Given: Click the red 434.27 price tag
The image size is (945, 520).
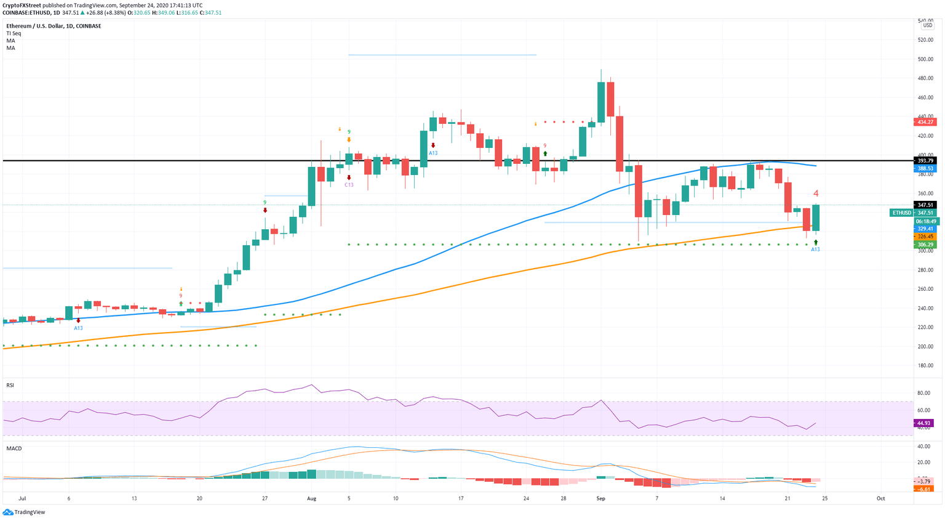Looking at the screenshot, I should pos(925,122).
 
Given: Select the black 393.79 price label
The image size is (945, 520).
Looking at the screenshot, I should pos(925,161).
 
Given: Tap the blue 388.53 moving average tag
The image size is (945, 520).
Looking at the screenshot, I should pos(925,168).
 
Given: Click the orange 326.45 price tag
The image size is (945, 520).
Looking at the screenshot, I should pos(925,237).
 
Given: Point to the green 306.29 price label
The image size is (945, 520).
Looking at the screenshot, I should pos(925,245).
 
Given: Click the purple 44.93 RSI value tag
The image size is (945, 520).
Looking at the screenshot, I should pos(924,423).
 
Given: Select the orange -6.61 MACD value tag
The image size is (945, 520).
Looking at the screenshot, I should pos(924,489).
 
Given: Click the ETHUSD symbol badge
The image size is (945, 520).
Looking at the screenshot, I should pos(901,213).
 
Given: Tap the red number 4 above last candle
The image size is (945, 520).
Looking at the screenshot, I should pos(816,193).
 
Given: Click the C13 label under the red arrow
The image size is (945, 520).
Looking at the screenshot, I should pos(349,185).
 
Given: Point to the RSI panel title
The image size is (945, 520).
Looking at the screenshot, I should pos(10,385).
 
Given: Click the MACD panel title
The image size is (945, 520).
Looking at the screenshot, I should pos(14,449).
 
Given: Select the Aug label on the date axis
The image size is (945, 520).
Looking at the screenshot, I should pos(311,498).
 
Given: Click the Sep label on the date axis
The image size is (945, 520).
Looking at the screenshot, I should pos(600,498).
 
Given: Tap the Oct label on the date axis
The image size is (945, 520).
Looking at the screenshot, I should pos(880,498).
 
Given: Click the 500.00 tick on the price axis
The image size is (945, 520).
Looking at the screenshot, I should pos(925,60).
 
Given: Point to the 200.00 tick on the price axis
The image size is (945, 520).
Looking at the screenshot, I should pos(925,347).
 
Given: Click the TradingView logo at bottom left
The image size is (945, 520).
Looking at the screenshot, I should pos(24,512).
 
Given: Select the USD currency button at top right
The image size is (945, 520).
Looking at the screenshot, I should pos(927,25).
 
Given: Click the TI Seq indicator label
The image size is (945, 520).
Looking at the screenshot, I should pos(14,33).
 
